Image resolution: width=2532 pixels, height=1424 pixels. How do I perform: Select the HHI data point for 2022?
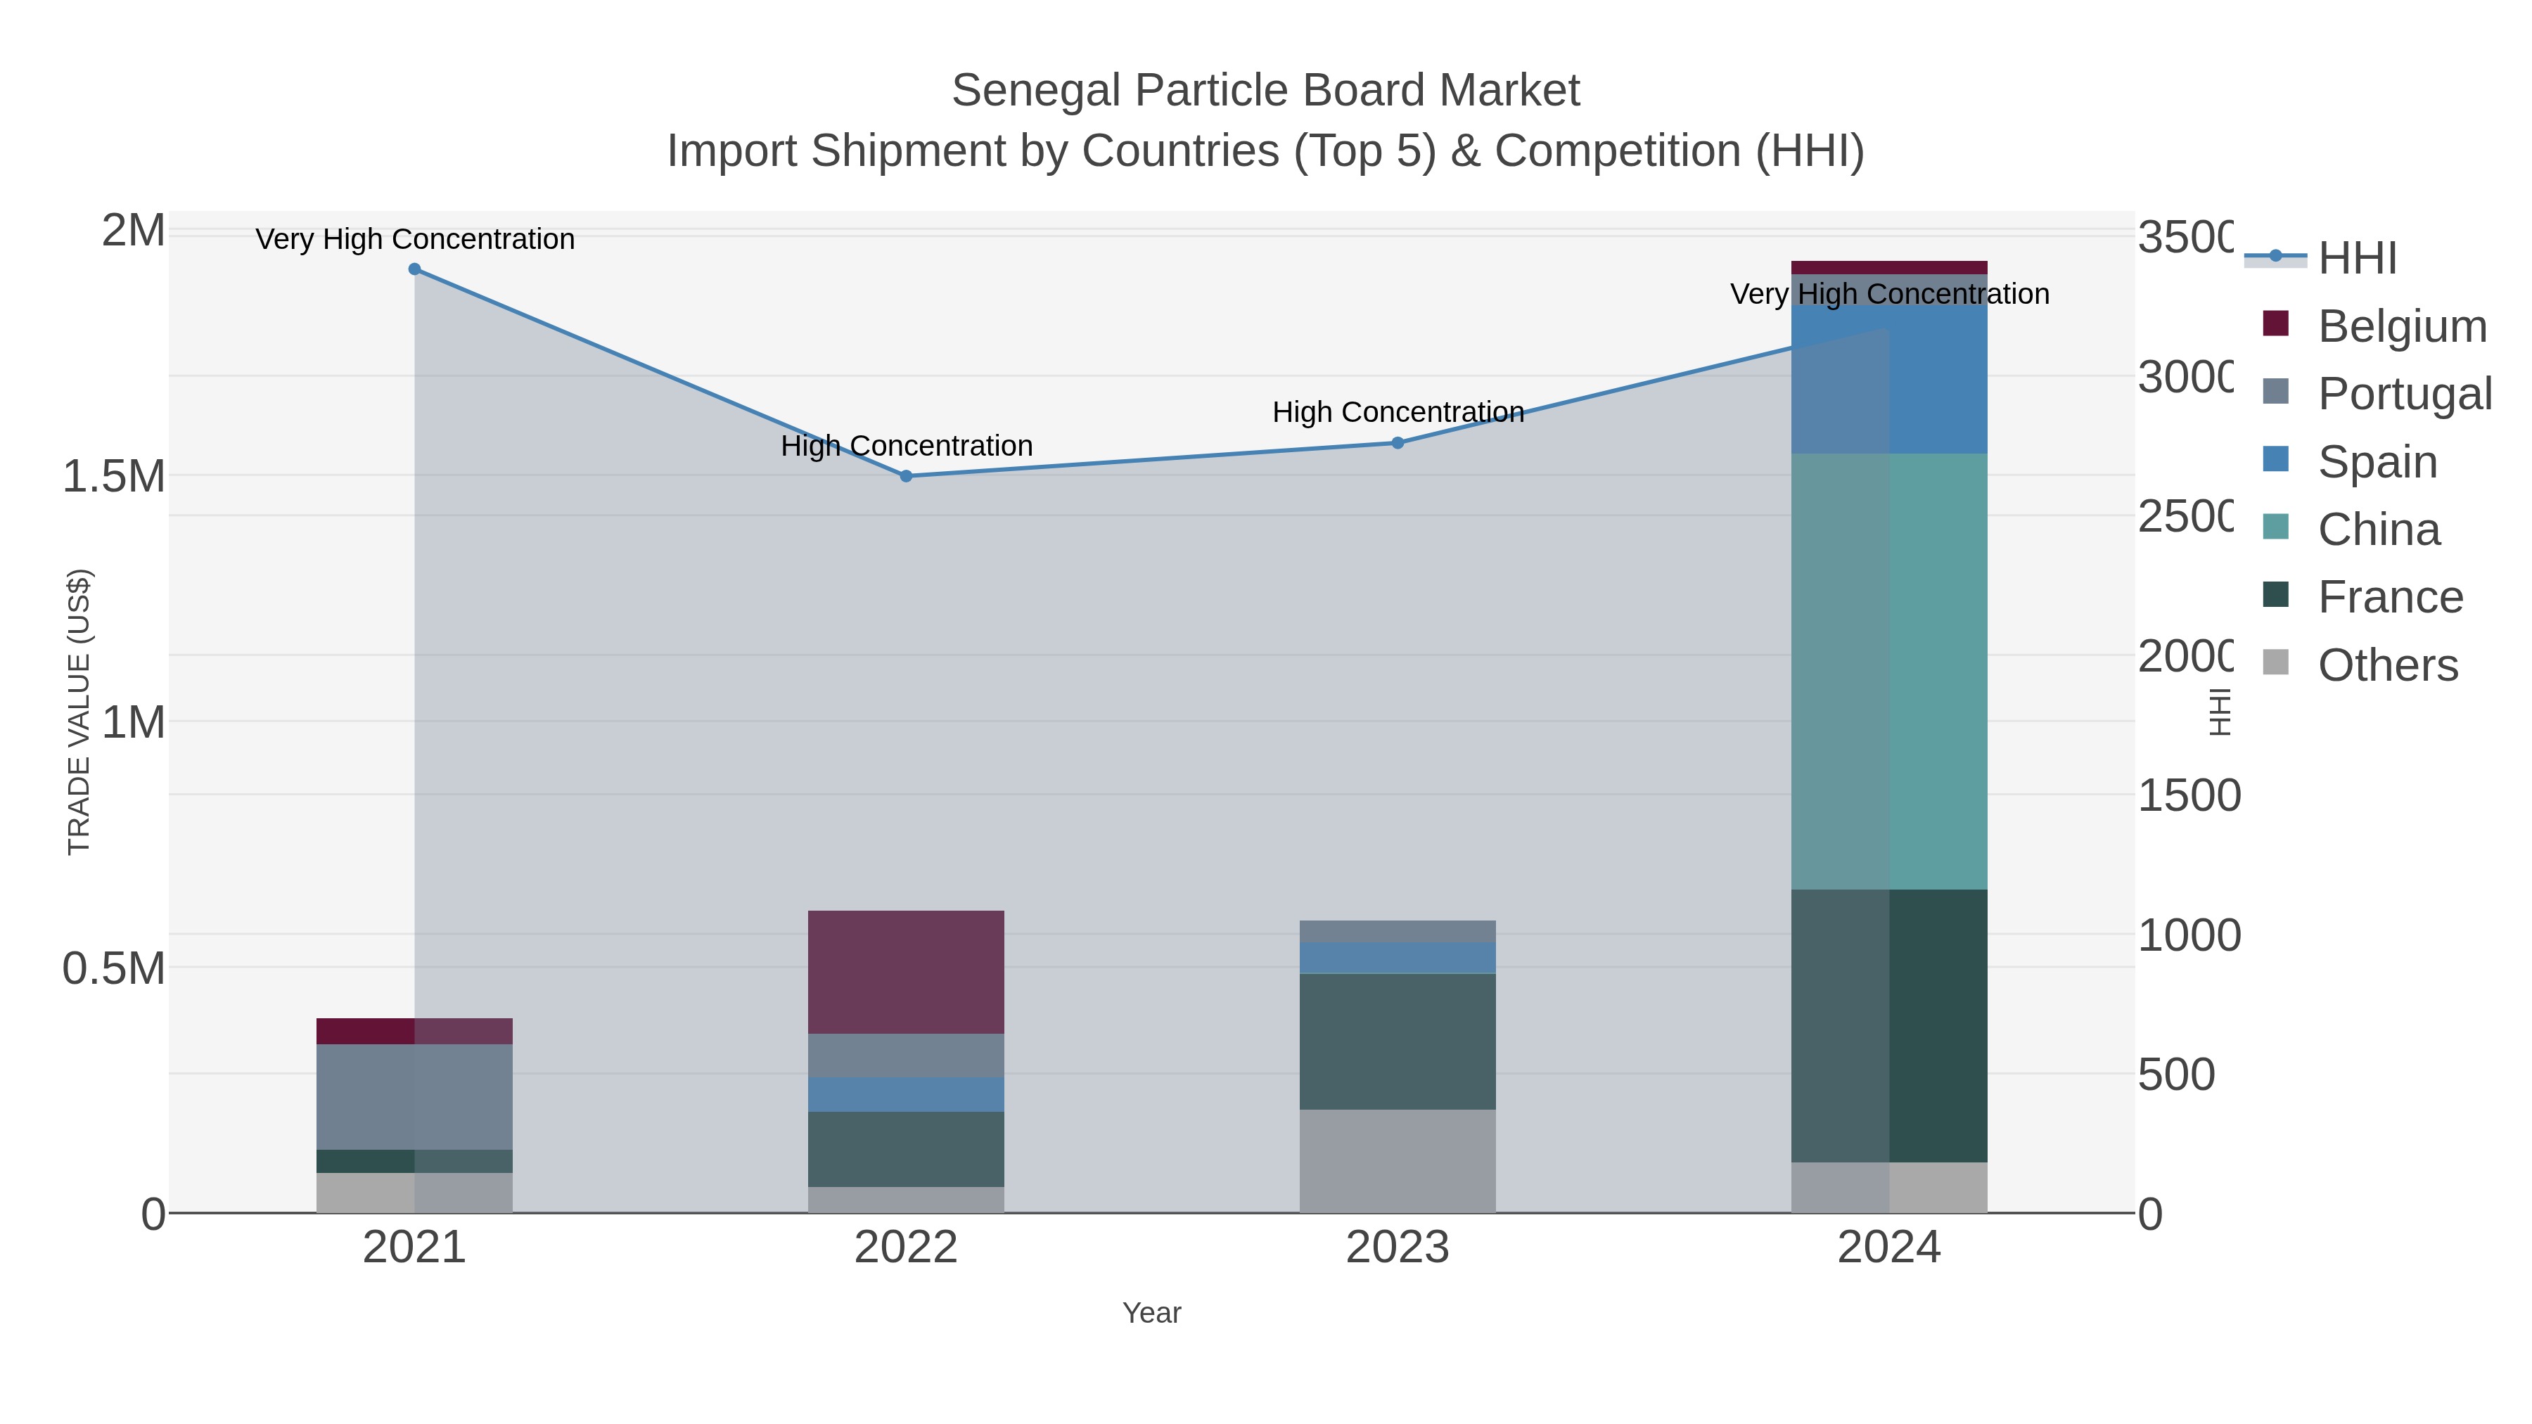tap(907, 475)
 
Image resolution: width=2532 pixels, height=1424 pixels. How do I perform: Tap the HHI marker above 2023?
tap(1398, 443)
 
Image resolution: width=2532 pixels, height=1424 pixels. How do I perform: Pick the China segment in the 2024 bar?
tap(1888, 672)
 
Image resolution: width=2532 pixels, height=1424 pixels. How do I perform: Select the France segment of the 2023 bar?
tap(1397, 1041)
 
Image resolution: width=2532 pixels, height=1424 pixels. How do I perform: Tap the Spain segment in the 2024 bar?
tap(1888, 379)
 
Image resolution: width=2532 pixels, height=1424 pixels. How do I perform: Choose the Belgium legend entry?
tap(2400, 326)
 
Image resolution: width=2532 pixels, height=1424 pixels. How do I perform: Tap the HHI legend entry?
tap(2356, 259)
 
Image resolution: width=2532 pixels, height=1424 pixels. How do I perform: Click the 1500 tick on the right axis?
tap(2188, 795)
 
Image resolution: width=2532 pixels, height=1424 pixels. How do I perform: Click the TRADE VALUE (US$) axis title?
tap(79, 712)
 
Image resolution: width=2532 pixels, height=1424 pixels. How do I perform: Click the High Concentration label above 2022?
tap(907, 446)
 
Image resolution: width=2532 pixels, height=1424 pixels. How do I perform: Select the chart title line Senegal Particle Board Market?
tap(1265, 91)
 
